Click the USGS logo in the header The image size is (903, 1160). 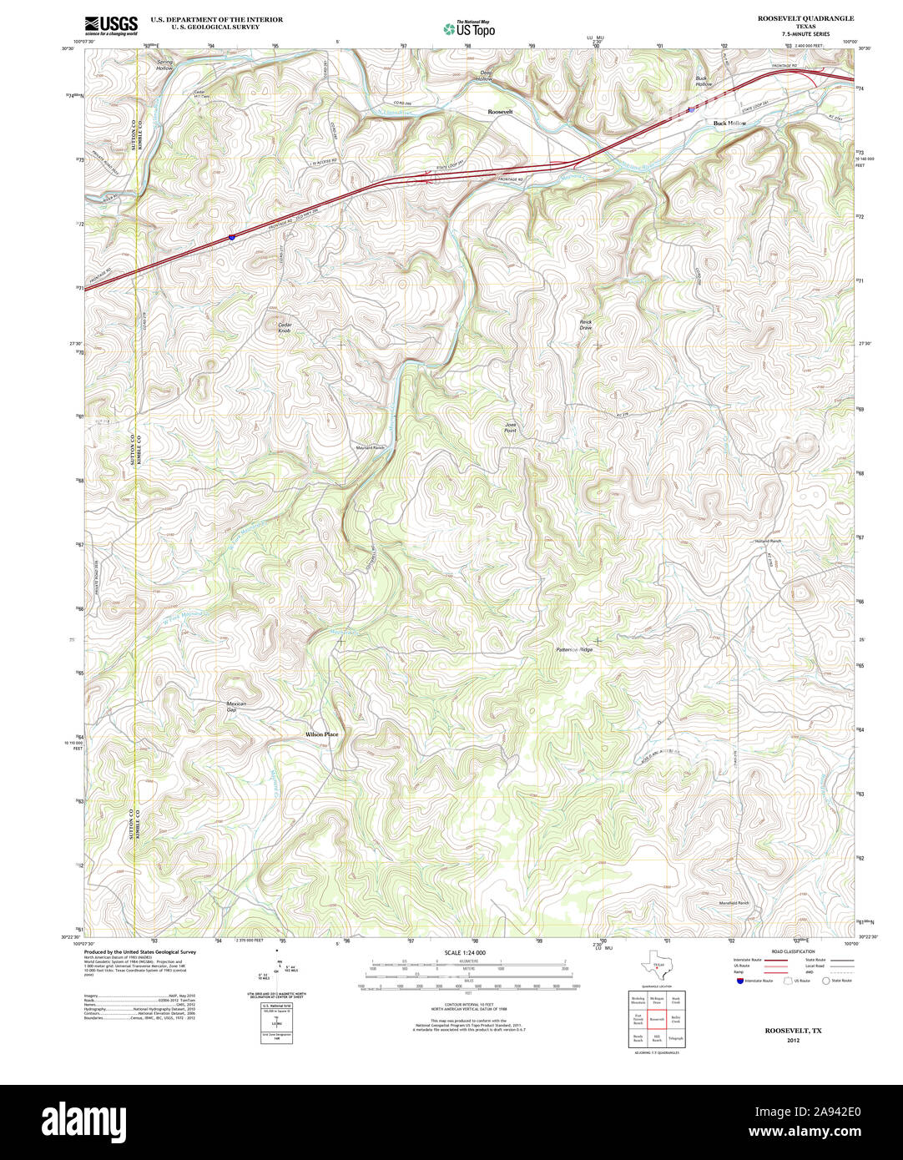(x=111, y=24)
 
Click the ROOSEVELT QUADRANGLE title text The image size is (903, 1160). (x=805, y=18)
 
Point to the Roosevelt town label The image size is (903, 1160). (x=501, y=111)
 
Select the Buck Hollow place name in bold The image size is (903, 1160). (x=729, y=123)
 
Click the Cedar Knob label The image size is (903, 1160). (x=285, y=328)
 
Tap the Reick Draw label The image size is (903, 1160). (x=586, y=325)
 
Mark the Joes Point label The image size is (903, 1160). (x=510, y=426)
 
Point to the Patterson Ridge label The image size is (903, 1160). (x=574, y=649)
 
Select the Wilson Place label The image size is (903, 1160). (x=321, y=734)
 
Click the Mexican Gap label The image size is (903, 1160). (x=236, y=707)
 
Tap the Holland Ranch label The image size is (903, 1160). (x=768, y=542)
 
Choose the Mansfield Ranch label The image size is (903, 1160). (x=734, y=903)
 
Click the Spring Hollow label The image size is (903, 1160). (x=164, y=64)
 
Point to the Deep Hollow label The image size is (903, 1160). (x=484, y=75)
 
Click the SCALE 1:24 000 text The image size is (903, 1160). (x=465, y=953)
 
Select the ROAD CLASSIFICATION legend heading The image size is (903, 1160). (x=793, y=951)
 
